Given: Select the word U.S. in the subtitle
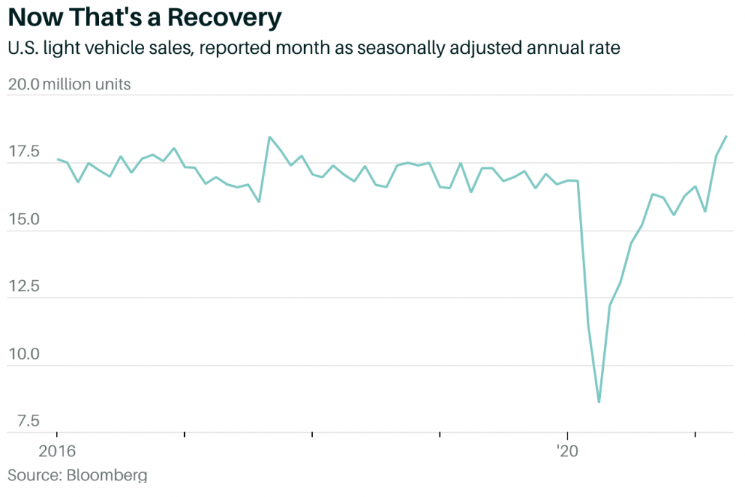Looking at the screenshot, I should [25, 49].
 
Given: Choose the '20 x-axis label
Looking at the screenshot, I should [567, 451].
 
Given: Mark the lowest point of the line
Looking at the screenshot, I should [599, 402].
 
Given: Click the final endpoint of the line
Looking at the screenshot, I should [726, 136].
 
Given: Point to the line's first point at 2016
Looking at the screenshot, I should [57, 159].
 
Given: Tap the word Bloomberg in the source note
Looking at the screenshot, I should [107, 476].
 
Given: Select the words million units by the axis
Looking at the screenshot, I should [87, 84].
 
